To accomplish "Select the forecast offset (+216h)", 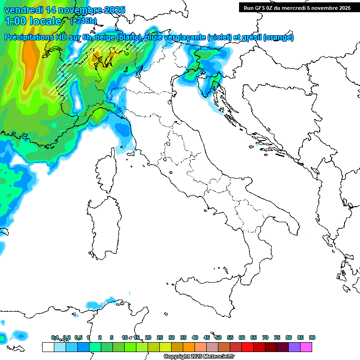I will coord(84,21).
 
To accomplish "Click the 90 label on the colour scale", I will coord(312,337).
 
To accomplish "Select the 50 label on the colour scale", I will coord(218,337).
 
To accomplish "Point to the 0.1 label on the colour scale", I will coord(55,337).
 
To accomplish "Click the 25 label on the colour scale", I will coord(160,337).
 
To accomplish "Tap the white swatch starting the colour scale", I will coord(48,347).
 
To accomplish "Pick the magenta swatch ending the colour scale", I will coord(306,347).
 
